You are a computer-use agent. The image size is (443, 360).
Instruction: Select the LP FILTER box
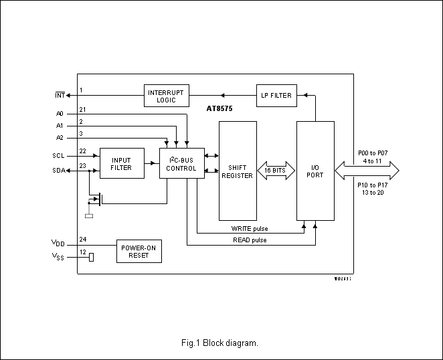pos(276,95)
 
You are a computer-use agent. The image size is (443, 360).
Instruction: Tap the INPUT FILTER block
pos(122,163)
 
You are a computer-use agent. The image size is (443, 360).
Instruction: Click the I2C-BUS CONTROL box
pos(181,163)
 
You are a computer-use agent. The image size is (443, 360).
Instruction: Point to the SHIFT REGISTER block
pos(241,171)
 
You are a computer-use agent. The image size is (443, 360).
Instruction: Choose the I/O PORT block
pos(315,171)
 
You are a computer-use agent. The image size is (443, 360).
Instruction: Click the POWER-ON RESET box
pos(139,251)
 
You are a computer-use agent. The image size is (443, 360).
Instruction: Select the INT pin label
pos(60,96)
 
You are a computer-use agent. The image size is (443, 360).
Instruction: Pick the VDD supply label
pos(58,243)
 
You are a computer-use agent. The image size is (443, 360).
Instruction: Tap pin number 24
pos(82,239)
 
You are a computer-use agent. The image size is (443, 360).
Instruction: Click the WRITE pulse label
pos(249,229)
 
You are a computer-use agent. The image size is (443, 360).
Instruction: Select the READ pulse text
pos(250,240)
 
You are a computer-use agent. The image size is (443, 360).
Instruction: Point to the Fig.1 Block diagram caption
pos(219,343)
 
